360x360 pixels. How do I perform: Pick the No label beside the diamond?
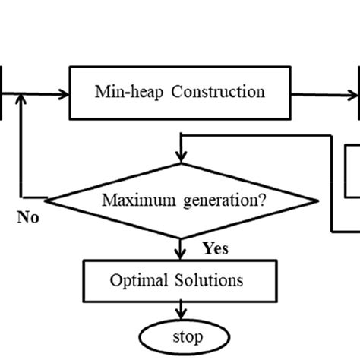pyautogui.click(x=28, y=219)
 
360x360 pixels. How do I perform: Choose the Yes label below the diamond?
pyautogui.click(x=216, y=248)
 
